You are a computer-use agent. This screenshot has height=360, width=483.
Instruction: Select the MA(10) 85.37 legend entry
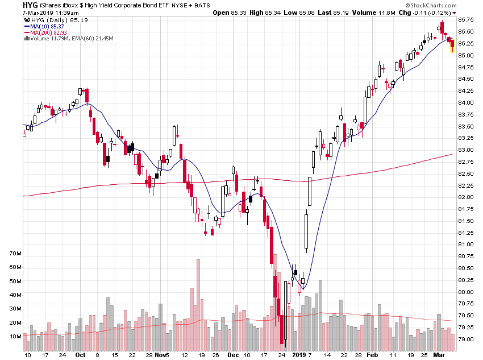point(45,26)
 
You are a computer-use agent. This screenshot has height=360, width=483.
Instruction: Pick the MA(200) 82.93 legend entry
point(47,32)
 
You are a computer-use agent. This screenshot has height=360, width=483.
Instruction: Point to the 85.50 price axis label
point(466,32)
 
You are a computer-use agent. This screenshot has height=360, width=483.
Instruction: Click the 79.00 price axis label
point(466,340)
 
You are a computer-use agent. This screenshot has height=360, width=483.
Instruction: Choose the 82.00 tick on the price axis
point(466,197)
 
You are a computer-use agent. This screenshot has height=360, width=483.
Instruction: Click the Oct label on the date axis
point(80,355)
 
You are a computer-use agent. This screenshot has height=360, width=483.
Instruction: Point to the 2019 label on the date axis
point(299,355)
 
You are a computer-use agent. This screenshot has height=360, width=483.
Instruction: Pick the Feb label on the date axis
point(372,355)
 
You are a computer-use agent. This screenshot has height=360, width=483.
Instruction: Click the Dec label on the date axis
point(233,355)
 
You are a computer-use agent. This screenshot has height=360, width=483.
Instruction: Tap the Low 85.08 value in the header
point(313,12)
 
